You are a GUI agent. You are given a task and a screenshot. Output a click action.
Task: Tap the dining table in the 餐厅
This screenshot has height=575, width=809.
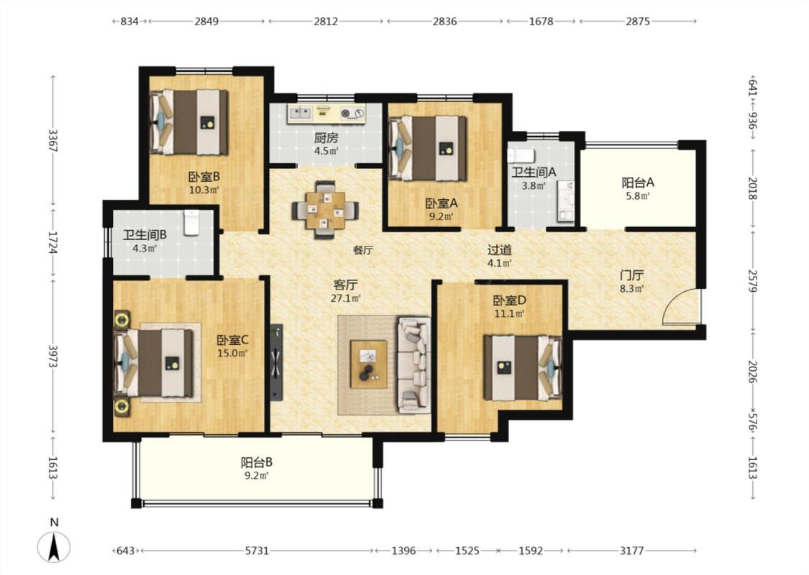[x=325, y=210]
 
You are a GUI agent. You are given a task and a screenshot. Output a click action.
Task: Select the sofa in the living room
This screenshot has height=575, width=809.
[x=414, y=364]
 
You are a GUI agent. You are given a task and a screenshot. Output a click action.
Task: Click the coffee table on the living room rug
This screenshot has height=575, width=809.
[x=369, y=364]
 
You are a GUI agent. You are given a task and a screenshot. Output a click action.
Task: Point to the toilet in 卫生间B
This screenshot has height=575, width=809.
[x=191, y=222]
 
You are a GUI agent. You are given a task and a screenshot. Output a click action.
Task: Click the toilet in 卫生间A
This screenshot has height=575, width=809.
[x=521, y=155]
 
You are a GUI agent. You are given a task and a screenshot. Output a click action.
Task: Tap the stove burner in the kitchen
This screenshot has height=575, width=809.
[x=352, y=113]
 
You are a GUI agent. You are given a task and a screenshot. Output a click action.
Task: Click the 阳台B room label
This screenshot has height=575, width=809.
[x=257, y=463]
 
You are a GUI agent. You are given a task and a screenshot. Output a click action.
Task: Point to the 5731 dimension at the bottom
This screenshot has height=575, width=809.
[x=257, y=551]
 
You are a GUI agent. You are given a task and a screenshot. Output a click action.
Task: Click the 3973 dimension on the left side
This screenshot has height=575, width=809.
[x=52, y=356]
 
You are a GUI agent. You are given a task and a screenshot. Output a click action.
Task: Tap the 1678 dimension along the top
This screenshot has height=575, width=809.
[x=541, y=21]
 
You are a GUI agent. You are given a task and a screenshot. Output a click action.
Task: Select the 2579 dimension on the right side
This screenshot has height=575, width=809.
[x=752, y=281]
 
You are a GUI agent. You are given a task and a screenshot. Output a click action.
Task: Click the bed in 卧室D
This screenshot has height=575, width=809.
[x=523, y=367]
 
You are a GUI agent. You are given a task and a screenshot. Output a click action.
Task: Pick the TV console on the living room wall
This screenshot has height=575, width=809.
[x=277, y=362]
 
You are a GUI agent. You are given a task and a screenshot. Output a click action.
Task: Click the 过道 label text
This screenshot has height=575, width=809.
[x=500, y=250]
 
